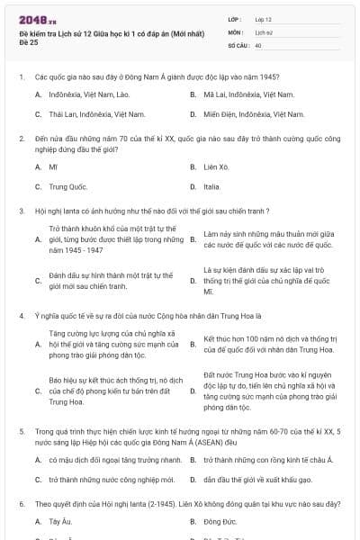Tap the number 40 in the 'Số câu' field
258,45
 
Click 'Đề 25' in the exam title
28,41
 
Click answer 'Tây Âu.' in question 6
60,521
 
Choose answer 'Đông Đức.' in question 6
220,521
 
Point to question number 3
21,211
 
